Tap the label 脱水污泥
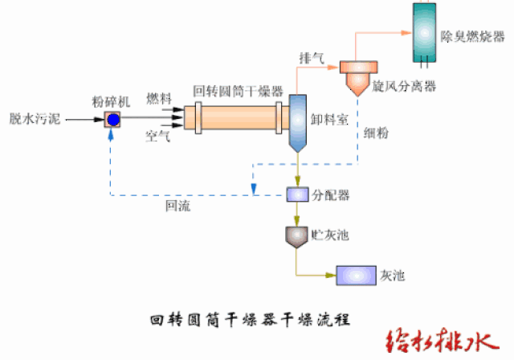[32, 119]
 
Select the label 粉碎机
[112, 102]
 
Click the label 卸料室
[329, 119]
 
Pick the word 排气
[312, 59]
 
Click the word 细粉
[376, 133]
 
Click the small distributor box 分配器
[297, 194]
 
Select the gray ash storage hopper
[297, 235]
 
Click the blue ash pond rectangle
[355, 276]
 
